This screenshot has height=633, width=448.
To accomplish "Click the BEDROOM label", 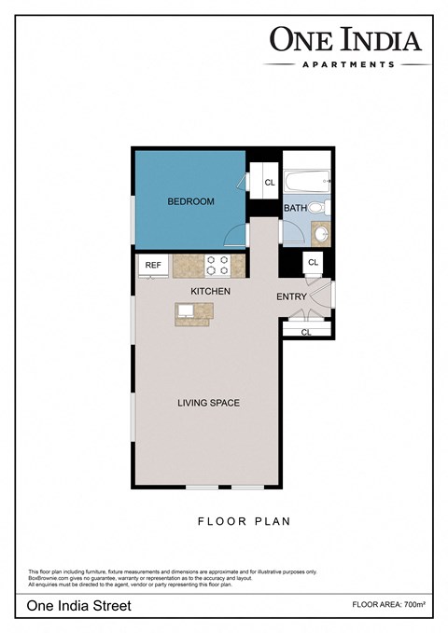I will tap(190, 201).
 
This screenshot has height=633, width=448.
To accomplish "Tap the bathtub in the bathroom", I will tap(307, 179).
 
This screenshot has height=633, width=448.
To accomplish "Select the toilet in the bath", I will tap(316, 207).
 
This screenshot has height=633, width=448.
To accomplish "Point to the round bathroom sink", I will tap(321, 233).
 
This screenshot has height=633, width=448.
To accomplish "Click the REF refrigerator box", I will tap(152, 266).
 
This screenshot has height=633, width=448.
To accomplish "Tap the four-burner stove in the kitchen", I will tap(217, 266).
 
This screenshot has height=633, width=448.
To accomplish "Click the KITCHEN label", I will tap(210, 292).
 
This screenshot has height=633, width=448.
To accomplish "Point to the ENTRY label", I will tap(291, 297).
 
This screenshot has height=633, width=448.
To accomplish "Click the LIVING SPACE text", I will tap(209, 404).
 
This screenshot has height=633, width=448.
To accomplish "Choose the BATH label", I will tap(295, 208).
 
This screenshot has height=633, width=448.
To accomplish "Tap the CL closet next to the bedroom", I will tap(270, 183).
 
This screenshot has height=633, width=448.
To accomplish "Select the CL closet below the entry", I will tap(305, 331).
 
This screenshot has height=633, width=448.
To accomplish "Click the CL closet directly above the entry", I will tap(314, 263).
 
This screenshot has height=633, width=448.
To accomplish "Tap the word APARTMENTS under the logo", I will tap(347, 64).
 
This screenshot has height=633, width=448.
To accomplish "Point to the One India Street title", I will tap(79, 605).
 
